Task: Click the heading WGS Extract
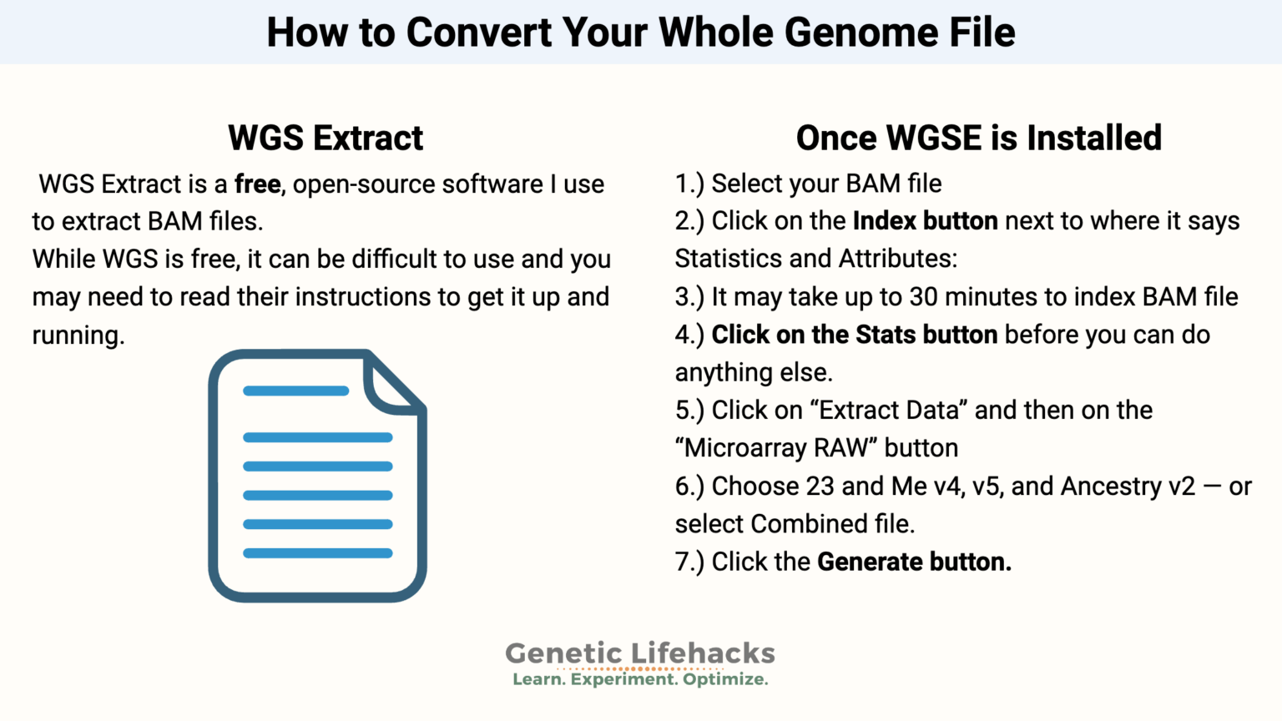tap(326, 138)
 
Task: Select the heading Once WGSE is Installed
tap(978, 138)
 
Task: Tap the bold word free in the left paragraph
tap(257, 184)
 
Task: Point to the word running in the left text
tap(78, 335)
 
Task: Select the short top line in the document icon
tap(295, 391)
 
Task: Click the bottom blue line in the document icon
tap(317, 553)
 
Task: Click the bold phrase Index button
tap(925, 221)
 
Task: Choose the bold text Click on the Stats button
tap(854, 335)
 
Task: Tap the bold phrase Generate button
tap(914, 562)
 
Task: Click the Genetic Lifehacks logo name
tap(640, 653)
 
